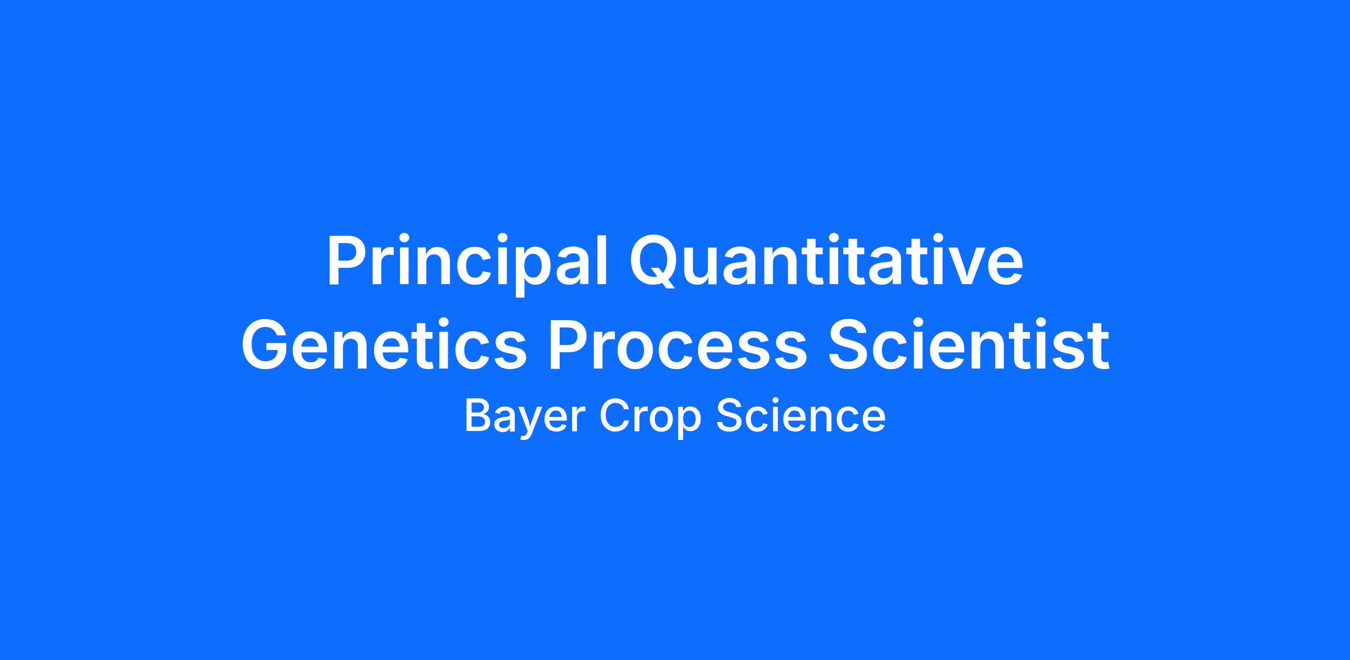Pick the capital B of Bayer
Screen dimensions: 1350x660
coord(478,416)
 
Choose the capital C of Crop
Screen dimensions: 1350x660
coord(613,416)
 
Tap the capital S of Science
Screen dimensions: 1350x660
coord(730,416)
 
